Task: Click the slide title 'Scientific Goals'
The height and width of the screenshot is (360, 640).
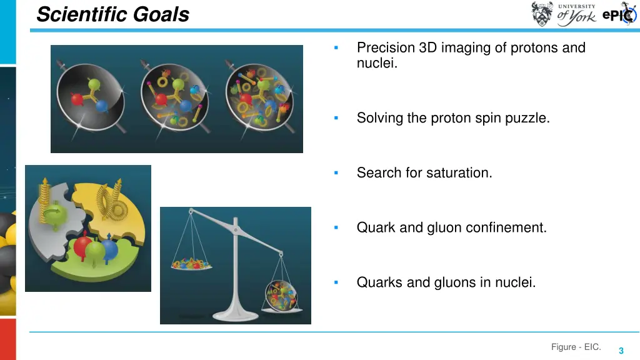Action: click(x=112, y=14)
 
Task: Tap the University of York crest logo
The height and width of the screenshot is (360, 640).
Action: click(x=542, y=14)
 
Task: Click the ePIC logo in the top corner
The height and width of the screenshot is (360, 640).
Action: click(x=619, y=15)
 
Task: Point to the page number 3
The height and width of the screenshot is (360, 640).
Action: click(x=621, y=351)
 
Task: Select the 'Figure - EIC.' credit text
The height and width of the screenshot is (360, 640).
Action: click(x=576, y=347)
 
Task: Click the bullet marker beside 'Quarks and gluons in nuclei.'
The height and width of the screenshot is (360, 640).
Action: click(x=336, y=282)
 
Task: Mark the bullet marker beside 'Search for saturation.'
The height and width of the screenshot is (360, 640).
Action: click(x=336, y=172)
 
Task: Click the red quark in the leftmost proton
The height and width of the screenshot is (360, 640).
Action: click(x=77, y=99)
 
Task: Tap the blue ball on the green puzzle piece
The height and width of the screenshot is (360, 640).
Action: click(x=109, y=249)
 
